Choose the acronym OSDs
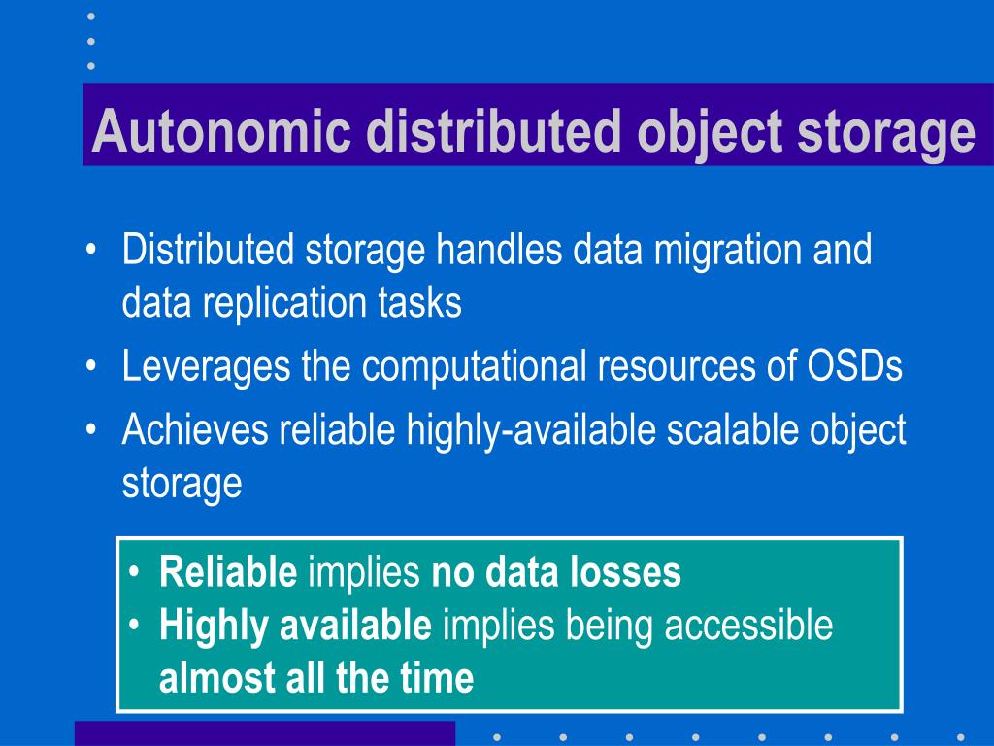pyautogui.click(x=855, y=367)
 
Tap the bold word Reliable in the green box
pyautogui.click(x=228, y=573)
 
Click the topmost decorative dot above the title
pyautogui.click(x=90, y=17)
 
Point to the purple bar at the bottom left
pyautogui.click(x=264, y=732)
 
